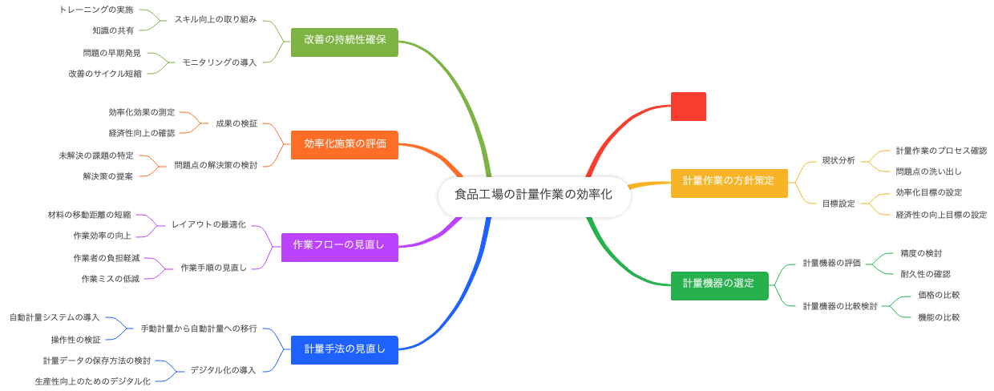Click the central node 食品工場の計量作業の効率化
tap(533, 195)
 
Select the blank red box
tap(688, 107)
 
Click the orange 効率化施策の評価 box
tap(345, 144)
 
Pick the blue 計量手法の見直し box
tap(345, 349)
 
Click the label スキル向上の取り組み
tap(216, 19)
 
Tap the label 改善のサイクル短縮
tap(105, 73)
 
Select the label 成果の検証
tap(236, 123)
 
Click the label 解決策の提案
tap(108, 175)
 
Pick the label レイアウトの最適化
tap(208, 224)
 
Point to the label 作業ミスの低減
tap(110, 278)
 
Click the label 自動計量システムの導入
tap(55, 317)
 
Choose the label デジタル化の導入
tap(223, 370)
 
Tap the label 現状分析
tap(838, 160)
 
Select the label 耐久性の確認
tap(925, 274)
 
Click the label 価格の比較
tap(939, 296)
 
